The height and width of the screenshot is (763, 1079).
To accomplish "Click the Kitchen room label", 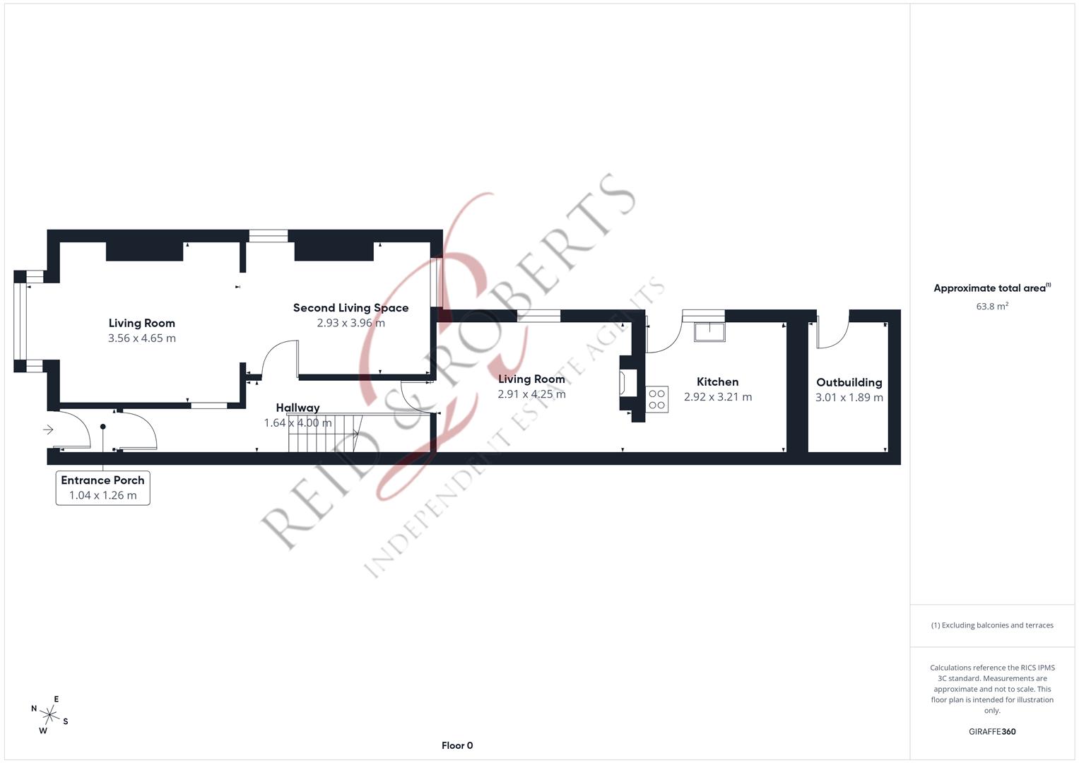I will pos(717,382).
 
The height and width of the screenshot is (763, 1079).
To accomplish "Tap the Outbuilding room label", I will pos(849,382).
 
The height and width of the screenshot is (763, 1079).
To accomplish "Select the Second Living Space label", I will pos(350,308).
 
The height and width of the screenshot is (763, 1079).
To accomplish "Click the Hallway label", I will pos(297,408).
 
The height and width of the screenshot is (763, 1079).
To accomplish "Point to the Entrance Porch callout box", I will pos(102,487).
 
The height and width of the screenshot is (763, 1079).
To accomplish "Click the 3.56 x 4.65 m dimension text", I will pos(142,338).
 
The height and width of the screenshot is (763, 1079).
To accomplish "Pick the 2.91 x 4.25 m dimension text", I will pos(531,394).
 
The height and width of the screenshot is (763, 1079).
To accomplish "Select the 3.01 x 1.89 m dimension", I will pos(849,398).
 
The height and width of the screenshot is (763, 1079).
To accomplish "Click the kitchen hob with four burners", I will pos(657,399).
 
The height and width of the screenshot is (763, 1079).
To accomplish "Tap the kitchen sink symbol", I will pos(709,331).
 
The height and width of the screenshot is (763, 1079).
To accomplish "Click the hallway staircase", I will pos(325,433).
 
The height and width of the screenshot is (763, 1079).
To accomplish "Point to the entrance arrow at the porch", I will pos(48,430).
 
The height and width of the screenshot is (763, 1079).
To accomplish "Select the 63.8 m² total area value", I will pos(991,307).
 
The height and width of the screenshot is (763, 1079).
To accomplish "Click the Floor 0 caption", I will pos(457,745).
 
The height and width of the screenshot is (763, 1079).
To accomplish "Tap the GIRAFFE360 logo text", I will pos(991,732).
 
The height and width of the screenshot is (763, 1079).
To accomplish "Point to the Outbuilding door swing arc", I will pos(834,336).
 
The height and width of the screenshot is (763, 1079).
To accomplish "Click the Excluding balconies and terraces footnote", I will pos(991,625).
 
